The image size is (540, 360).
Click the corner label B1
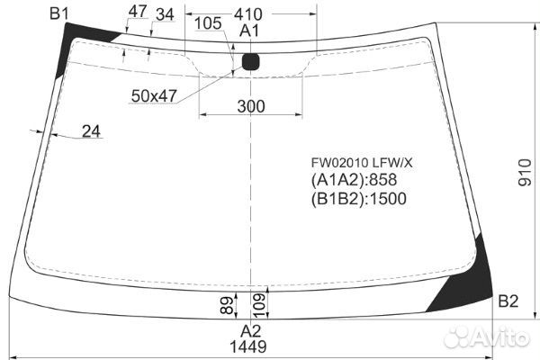58,13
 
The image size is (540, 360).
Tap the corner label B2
508,301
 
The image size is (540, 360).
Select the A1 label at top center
249,31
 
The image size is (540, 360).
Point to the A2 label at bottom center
251,331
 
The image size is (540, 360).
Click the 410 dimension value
248,14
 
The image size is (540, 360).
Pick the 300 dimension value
251,106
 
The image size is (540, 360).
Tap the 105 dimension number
208,23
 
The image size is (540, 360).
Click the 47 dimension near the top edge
138,12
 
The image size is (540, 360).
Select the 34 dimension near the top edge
165,14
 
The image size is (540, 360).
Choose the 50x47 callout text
154,96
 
